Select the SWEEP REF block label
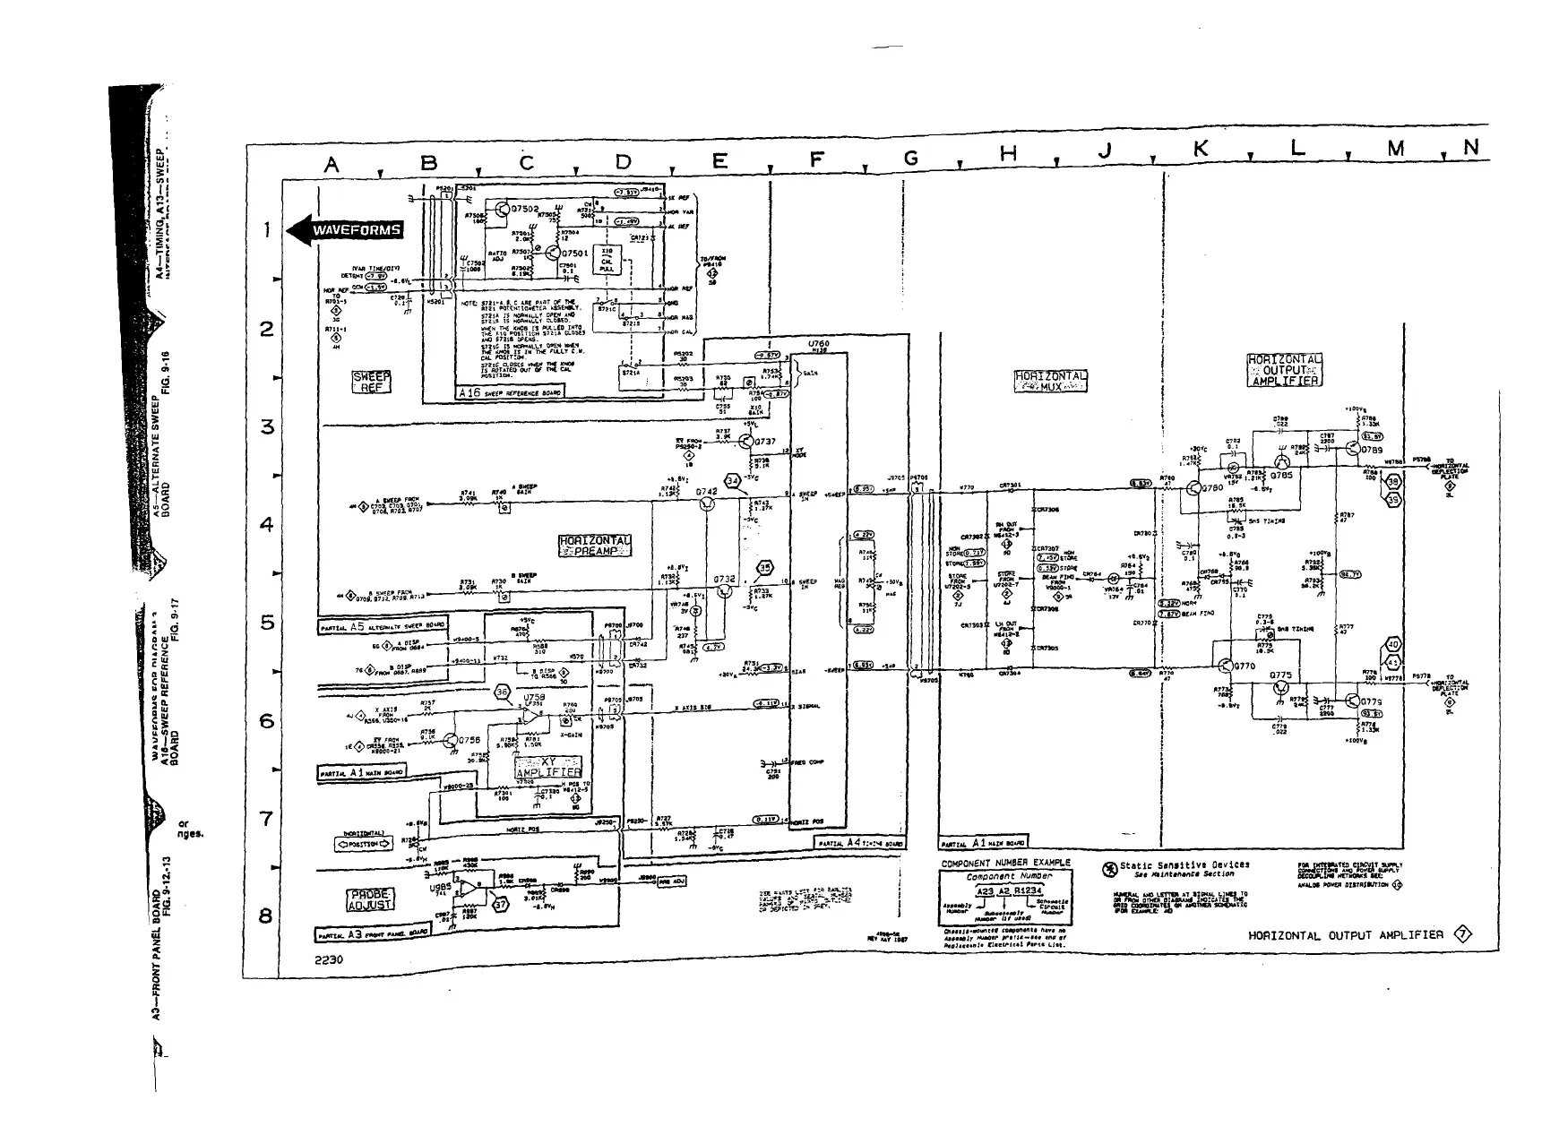371,383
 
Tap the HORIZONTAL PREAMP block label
594,546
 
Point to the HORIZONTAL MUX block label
1050,381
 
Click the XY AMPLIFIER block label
548,766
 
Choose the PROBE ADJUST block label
370,899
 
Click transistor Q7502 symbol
503,211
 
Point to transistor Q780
1193,489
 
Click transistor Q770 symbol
1225,666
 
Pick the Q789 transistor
1352,450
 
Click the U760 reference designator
818,344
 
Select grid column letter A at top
332,164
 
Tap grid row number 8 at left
266,916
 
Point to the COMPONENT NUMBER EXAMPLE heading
1005,864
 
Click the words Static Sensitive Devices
1184,865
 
